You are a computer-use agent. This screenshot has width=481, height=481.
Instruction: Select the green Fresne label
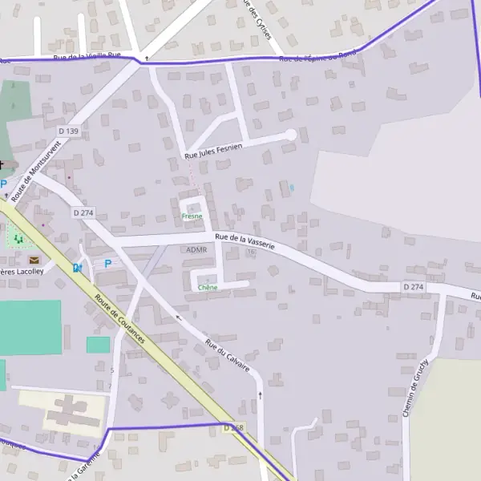tap(192, 216)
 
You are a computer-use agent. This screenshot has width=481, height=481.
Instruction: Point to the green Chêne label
tap(207, 287)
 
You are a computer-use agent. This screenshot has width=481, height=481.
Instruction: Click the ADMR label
tap(196, 250)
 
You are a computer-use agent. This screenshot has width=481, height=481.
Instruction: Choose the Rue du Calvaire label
tap(228, 356)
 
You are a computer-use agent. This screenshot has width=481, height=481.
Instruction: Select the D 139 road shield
tap(68, 131)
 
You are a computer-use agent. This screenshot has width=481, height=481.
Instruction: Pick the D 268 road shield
tap(233, 428)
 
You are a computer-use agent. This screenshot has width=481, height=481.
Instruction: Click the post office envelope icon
tap(34, 260)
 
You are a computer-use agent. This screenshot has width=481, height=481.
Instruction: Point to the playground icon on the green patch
tap(18, 238)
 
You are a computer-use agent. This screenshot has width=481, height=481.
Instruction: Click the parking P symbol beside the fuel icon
tap(108, 264)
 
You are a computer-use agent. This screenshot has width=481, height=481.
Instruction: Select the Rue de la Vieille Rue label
tap(87, 56)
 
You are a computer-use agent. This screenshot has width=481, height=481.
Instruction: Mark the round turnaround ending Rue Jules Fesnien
tap(291, 135)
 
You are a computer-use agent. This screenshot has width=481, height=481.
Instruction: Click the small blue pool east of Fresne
tap(292, 188)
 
